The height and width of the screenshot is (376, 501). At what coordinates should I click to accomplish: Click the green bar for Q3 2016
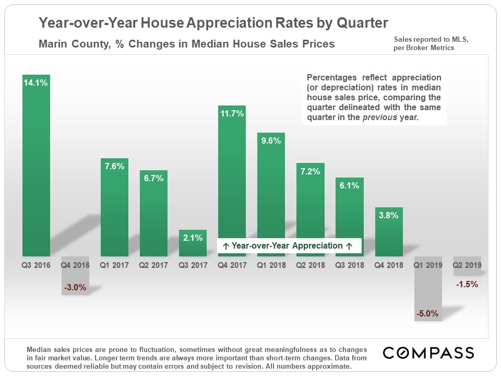(x=36, y=167)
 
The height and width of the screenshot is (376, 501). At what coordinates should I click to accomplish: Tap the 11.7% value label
(x=232, y=113)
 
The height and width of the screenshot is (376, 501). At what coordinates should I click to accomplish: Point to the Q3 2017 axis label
(x=192, y=265)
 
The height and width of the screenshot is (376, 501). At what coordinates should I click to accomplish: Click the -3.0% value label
(x=75, y=287)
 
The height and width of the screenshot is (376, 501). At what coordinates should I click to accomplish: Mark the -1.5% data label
(x=467, y=285)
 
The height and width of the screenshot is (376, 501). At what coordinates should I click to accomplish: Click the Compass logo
(x=428, y=353)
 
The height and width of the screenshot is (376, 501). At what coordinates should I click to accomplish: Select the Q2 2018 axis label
(x=310, y=265)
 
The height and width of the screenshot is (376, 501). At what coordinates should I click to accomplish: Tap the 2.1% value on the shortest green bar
(x=193, y=238)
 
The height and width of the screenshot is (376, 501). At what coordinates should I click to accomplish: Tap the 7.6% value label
(x=114, y=166)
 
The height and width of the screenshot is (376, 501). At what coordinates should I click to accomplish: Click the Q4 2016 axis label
(x=75, y=265)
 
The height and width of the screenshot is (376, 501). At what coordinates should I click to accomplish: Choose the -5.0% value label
(x=428, y=314)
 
